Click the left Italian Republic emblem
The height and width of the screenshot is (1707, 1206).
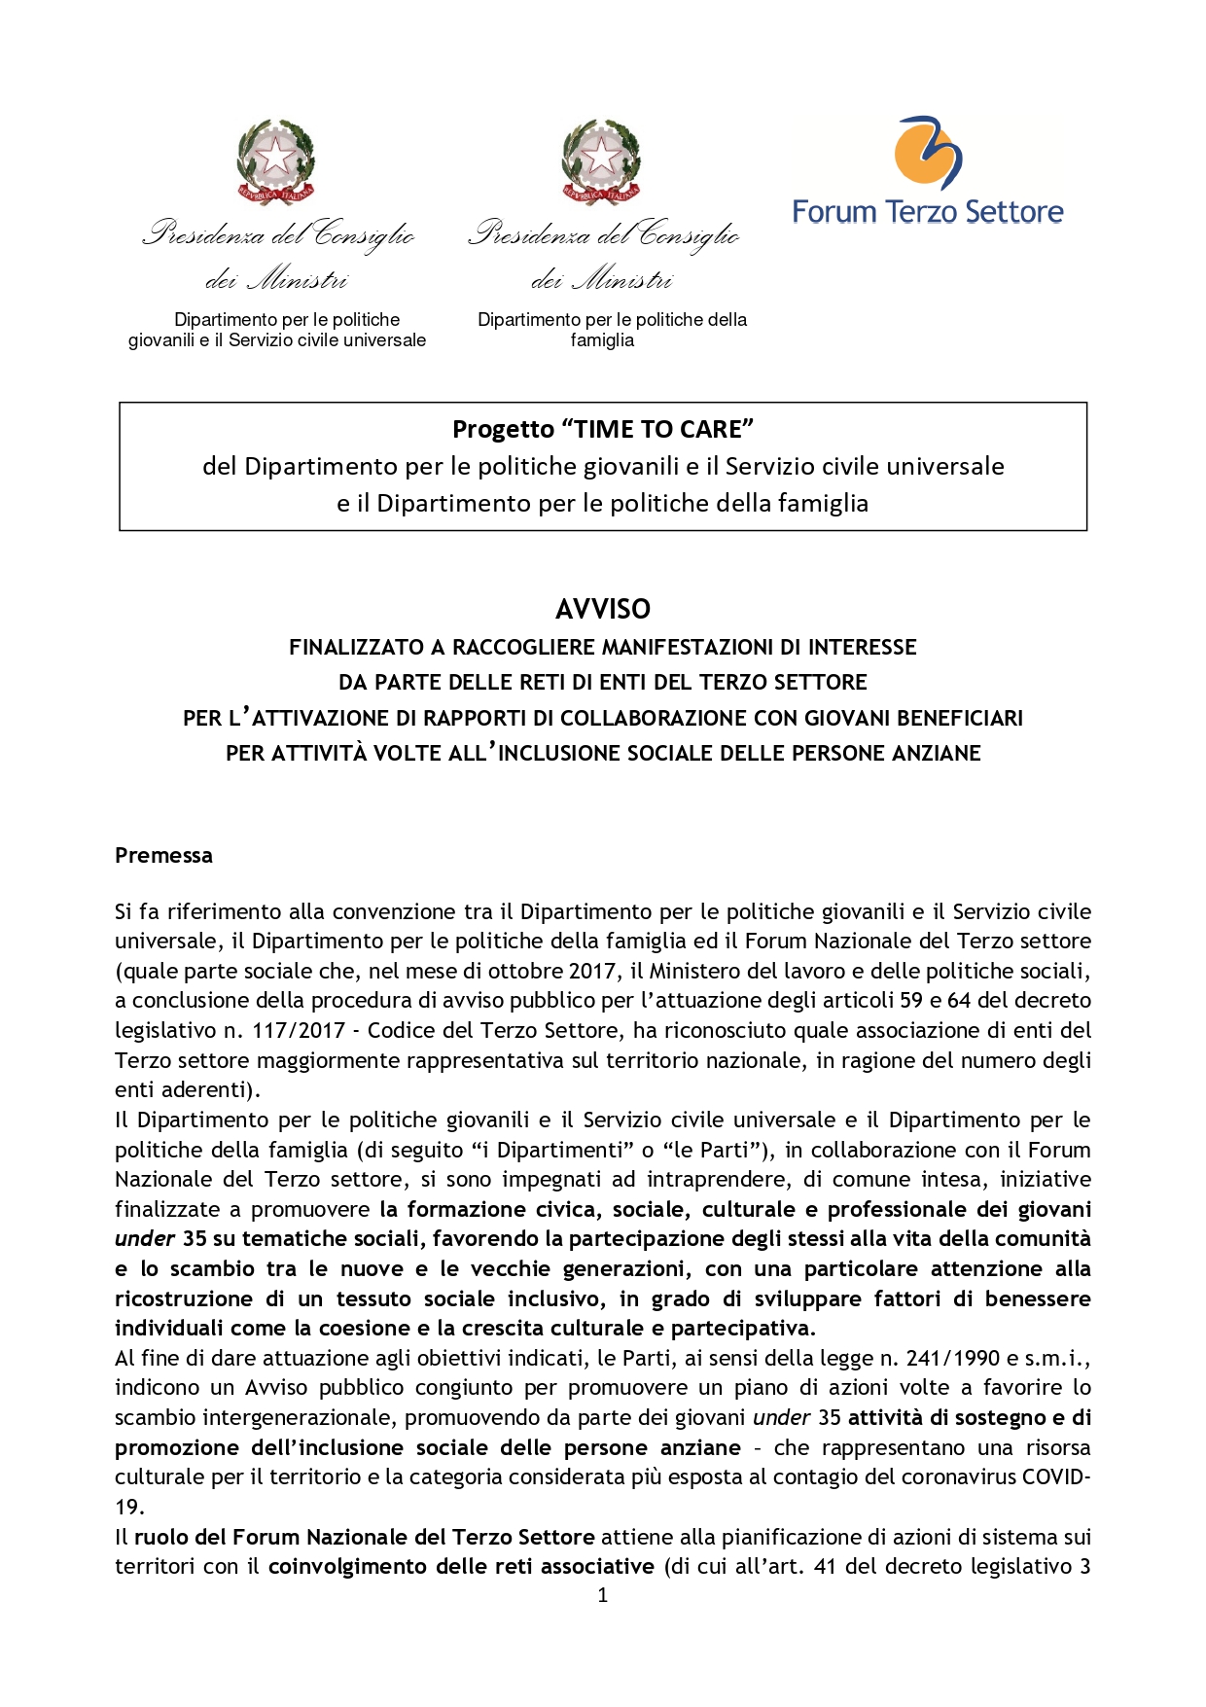(x=277, y=161)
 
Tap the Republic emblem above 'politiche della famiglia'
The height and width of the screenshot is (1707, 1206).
(x=602, y=161)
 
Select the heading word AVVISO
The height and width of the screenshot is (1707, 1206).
(x=603, y=609)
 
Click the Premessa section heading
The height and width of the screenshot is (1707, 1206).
(x=163, y=855)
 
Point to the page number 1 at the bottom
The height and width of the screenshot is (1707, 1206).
(x=603, y=1595)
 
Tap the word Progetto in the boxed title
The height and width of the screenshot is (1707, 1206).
(x=503, y=429)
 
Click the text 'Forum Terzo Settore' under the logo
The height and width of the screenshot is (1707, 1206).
(x=928, y=212)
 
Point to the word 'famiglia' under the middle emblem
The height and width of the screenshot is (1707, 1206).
(x=602, y=340)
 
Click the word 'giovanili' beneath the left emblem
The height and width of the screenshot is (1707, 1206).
(x=161, y=340)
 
